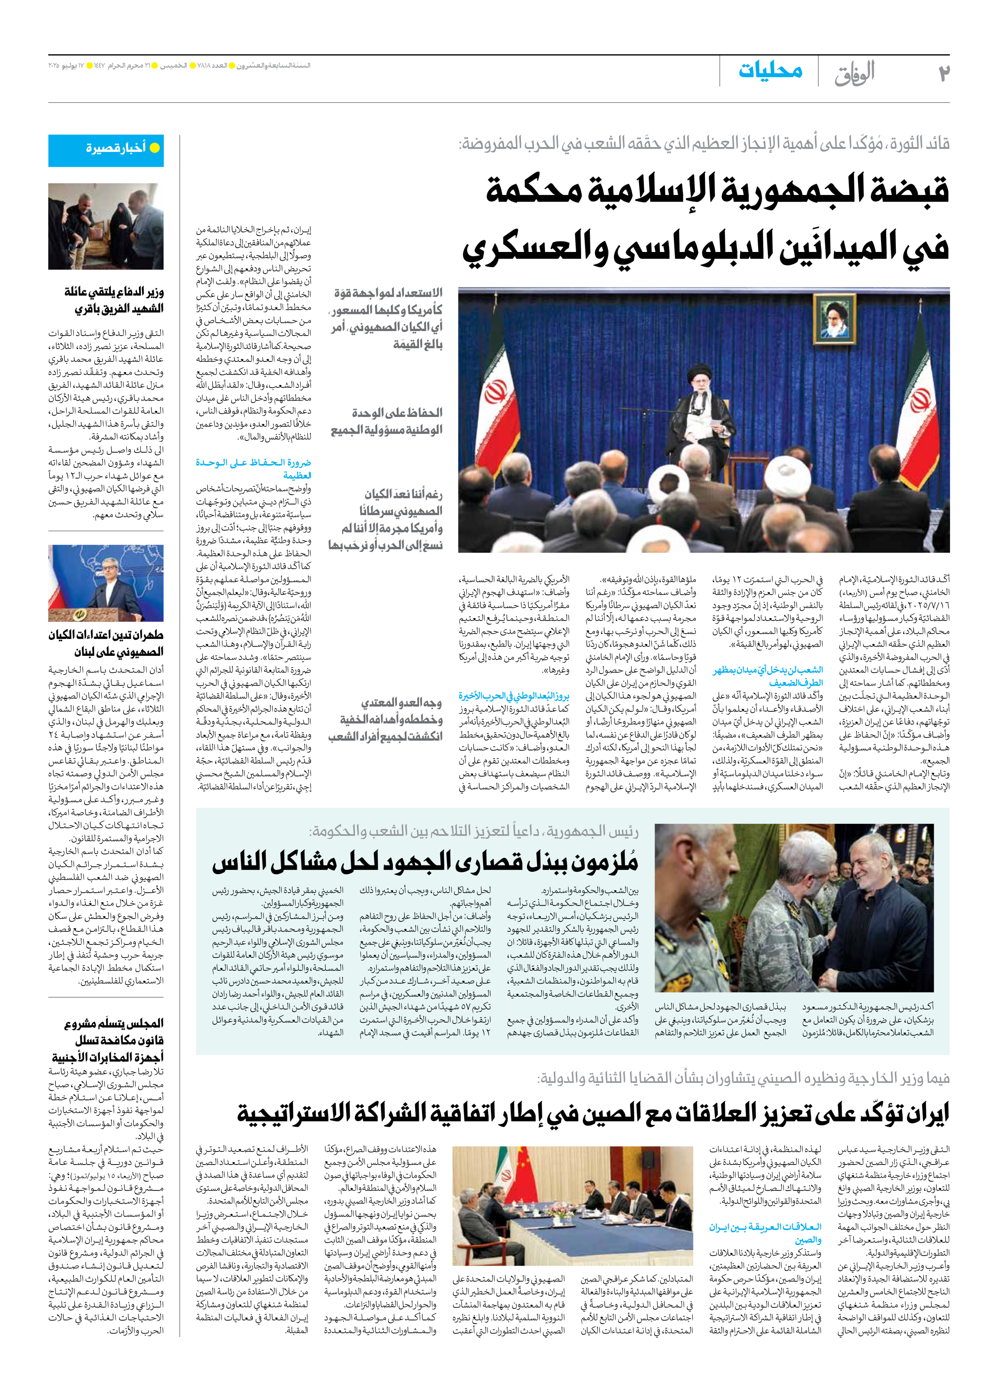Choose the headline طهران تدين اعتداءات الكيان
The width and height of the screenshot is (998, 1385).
coord(106,643)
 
